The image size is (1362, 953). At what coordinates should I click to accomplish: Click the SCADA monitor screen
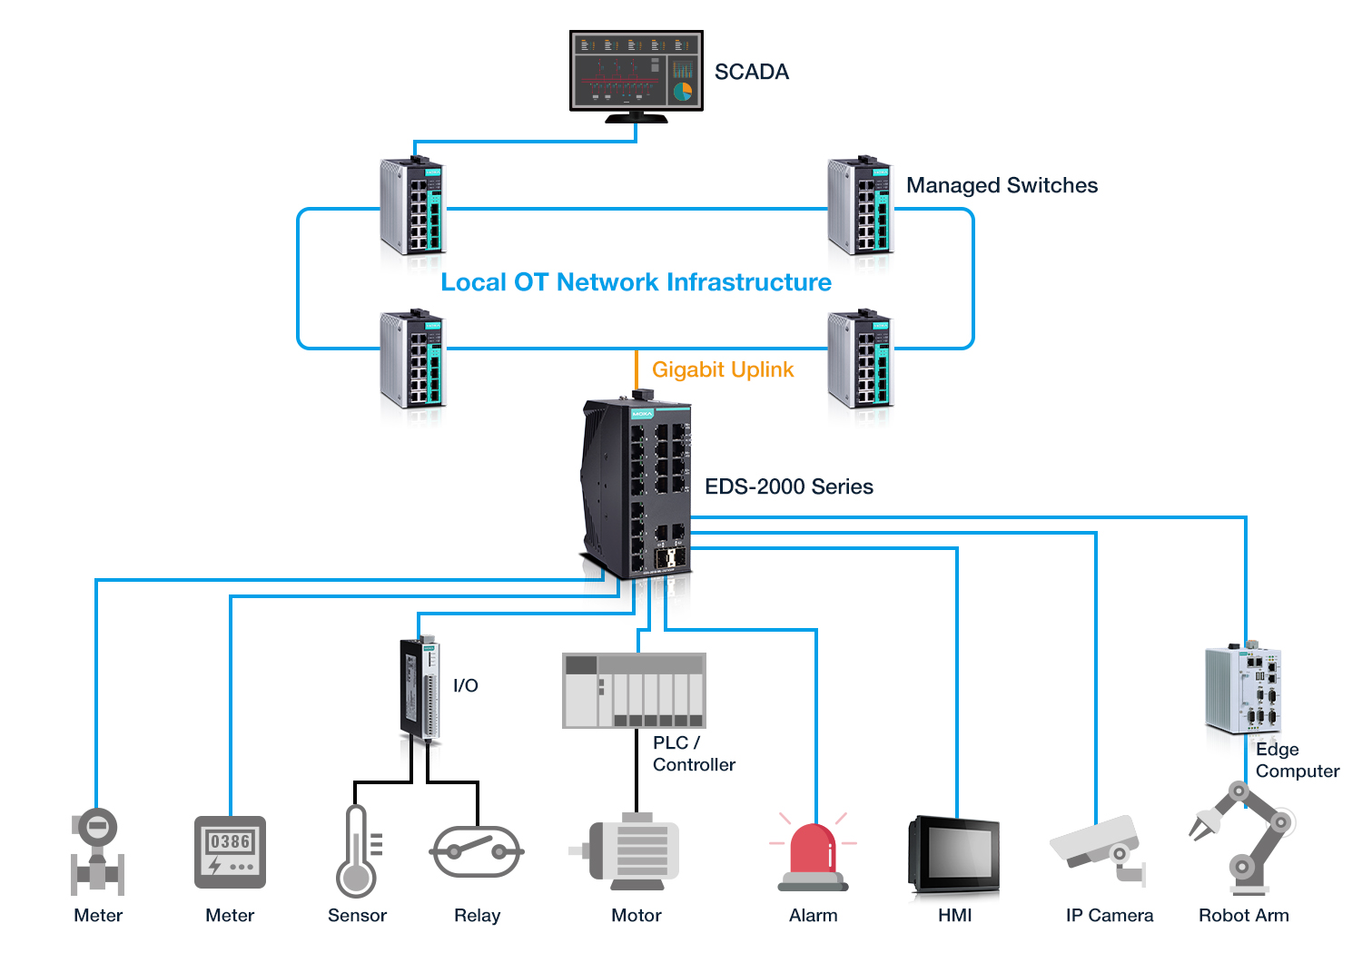636,71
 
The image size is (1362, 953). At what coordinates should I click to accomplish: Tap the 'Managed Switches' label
1002,185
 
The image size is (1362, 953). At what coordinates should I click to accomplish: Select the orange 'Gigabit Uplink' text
723,369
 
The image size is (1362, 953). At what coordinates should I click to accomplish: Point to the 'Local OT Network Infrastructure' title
636,282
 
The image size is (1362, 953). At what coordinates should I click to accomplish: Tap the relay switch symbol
477,851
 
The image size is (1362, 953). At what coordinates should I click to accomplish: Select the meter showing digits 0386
230,851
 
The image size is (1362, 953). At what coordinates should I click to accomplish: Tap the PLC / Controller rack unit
634,690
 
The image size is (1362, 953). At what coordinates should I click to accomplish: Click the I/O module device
419,690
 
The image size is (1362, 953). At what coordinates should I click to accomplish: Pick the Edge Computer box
1243,690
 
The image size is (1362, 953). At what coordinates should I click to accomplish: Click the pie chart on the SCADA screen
683,91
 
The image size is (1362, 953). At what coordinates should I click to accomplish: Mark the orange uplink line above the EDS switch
637,370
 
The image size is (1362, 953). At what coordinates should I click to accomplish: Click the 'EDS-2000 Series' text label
788,486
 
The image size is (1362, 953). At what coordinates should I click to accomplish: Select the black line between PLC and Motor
637,771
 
